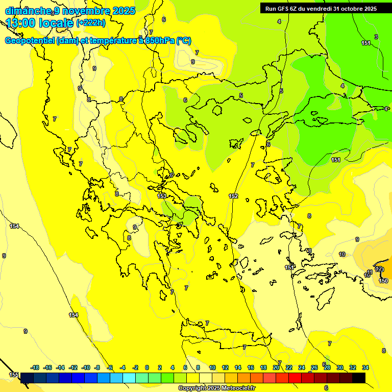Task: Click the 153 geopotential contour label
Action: (x=162, y=195)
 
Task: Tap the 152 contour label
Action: (x=233, y=196)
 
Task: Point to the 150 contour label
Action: (x=383, y=281)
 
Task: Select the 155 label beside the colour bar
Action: (x=14, y=375)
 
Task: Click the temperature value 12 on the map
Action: (x=379, y=269)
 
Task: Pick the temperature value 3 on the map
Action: (x=376, y=37)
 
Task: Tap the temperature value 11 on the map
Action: (x=370, y=272)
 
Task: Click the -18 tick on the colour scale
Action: (x=35, y=367)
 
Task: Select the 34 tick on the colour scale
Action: (x=365, y=367)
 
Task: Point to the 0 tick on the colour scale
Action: (x=147, y=367)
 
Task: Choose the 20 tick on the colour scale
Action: (x=276, y=367)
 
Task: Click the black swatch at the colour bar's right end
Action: (x=359, y=378)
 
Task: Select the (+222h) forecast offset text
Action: (x=91, y=23)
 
